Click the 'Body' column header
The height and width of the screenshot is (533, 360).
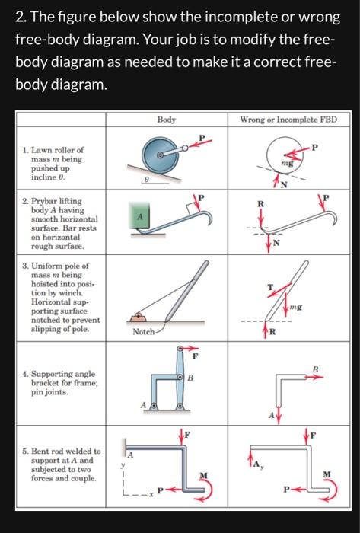[x=166, y=120]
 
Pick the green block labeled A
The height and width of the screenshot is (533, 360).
[x=139, y=219]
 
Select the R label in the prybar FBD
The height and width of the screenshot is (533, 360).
[x=260, y=204]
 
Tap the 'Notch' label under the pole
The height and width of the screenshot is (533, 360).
[x=143, y=333]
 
